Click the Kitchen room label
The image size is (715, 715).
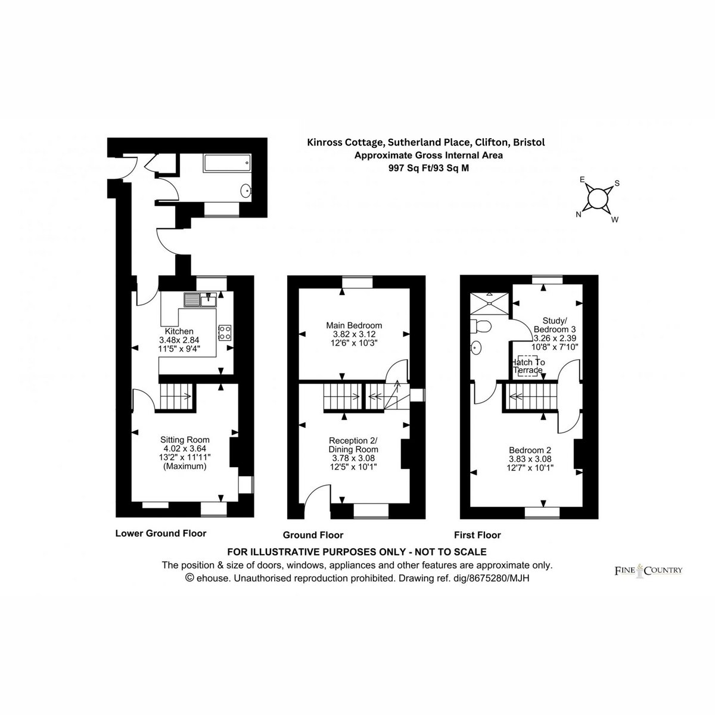(x=179, y=331)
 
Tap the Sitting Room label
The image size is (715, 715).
(x=185, y=440)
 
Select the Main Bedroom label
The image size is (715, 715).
(x=354, y=325)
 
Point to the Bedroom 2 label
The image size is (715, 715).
(x=530, y=450)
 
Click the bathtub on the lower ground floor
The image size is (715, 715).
(x=227, y=163)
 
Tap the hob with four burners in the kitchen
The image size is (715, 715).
(x=225, y=332)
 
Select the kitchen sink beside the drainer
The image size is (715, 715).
(x=209, y=300)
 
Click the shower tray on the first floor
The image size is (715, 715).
(x=489, y=303)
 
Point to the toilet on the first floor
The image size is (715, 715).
(x=481, y=327)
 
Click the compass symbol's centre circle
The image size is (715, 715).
(x=598, y=199)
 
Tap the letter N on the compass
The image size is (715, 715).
(x=578, y=214)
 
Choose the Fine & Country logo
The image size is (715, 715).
(x=649, y=570)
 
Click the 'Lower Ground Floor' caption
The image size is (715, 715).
(x=161, y=533)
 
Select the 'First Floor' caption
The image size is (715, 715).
(x=477, y=535)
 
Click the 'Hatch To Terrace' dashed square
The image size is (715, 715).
(x=528, y=366)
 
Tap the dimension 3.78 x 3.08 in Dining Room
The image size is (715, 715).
(x=353, y=458)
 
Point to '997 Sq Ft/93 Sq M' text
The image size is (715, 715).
(x=428, y=168)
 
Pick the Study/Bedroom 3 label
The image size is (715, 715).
(x=555, y=325)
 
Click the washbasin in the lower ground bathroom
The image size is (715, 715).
(x=245, y=191)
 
